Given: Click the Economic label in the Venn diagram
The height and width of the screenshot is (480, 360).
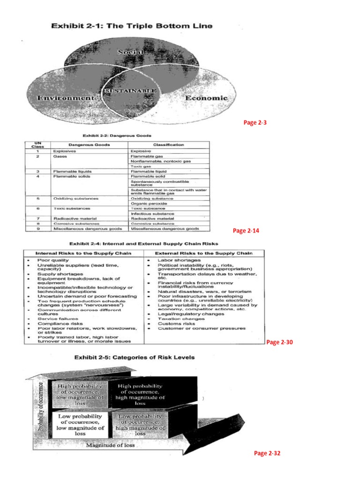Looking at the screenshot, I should (x=207, y=98).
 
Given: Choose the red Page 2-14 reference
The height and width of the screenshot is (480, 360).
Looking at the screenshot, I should (x=246, y=231).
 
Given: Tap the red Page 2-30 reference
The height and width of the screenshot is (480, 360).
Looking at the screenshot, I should (x=279, y=342).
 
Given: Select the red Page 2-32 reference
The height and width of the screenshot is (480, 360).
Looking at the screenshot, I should (x=267, y=453).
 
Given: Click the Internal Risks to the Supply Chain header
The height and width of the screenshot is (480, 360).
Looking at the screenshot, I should (x=84, y=253).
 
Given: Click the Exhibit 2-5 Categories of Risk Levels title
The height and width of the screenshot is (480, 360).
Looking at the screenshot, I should (x=135, y=357).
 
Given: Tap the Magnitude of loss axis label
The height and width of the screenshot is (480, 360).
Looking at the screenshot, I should (x=111, y=445).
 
